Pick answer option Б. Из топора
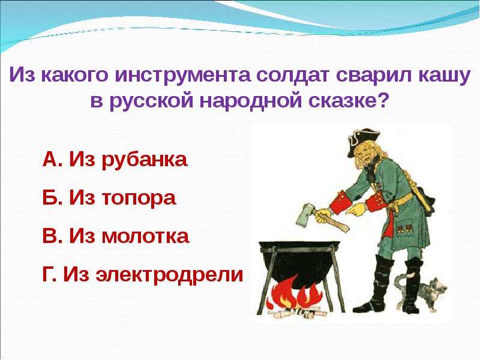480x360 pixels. click(x=109, y=198)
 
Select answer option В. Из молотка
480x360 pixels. click(x=116, y=236)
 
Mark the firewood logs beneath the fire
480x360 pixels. click(x=295, y=314)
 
